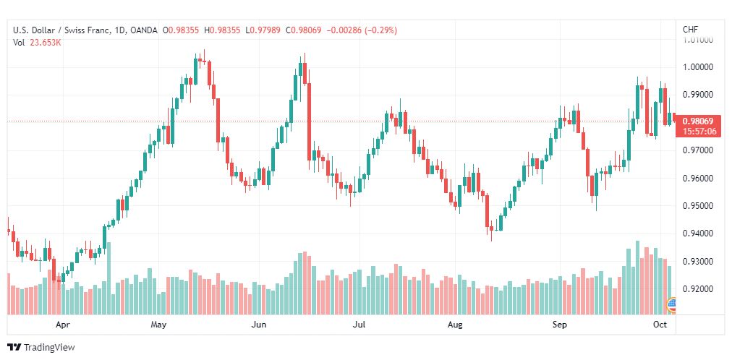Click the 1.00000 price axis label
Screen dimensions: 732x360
[698, 67]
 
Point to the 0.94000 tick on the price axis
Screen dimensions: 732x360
[698, 233]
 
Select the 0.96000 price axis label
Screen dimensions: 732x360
[698, 178]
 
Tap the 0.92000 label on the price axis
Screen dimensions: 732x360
[698, 289]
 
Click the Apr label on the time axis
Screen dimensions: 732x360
[62, 325]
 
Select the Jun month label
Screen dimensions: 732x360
[259, 325]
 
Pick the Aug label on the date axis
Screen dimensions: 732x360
[454, 325]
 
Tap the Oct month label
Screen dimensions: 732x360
[660, 324]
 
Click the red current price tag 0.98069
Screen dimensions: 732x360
[698, 121]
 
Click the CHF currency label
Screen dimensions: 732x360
[691, 30]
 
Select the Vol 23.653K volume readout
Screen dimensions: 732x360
[37, 43]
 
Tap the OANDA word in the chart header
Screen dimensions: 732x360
[144, 30]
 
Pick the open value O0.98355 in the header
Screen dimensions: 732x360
[181, 30]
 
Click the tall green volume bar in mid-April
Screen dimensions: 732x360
[109, 278]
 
